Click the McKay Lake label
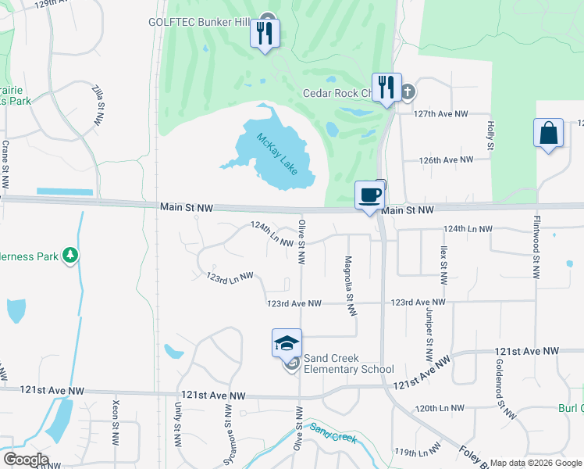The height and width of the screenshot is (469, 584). (276, 152)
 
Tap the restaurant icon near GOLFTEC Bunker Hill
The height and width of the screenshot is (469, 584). (265, 34)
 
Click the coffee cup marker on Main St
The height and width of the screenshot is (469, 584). (369, 195)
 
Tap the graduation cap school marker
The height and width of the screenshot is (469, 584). (287, 343)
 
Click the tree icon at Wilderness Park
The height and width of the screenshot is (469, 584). (71, 255)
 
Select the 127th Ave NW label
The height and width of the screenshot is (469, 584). (441, 114)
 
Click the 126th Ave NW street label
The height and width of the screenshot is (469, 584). (447, 160)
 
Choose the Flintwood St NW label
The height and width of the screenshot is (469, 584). (536, 248)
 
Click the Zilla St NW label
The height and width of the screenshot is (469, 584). (98, 105)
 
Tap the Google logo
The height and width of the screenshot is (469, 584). (26, 460)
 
